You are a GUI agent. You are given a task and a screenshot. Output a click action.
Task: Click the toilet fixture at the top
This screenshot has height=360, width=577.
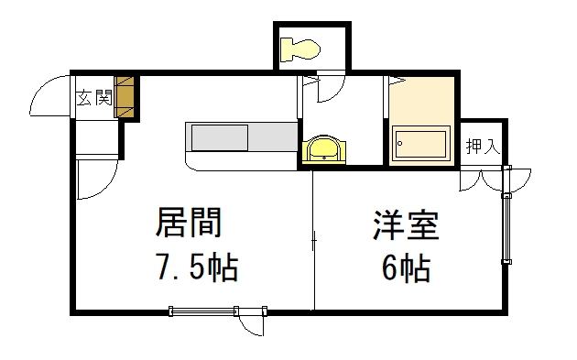[x=301, y=47]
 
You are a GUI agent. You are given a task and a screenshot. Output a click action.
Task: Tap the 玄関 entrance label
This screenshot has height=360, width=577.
[x=94, y=94]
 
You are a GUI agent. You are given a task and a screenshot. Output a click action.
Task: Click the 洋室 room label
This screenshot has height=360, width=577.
[x=405, y=225]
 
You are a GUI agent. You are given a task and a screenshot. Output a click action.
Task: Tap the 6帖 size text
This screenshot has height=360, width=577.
[x=406, y=268]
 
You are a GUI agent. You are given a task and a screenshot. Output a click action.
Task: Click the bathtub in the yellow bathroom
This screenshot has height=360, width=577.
[x=419, y=145]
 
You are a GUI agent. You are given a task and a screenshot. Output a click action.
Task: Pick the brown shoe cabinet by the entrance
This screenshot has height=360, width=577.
[x=125, y=95]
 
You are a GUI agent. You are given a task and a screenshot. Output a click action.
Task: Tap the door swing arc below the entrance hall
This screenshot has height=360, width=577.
[x=94, y=179]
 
